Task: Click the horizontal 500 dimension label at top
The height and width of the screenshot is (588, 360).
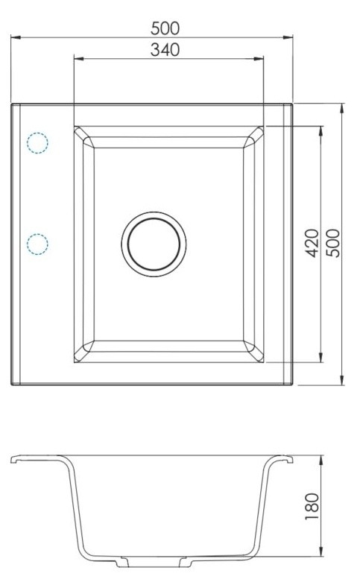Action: (x=165, y=28)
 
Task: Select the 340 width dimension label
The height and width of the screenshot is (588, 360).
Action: (x=165, y=49)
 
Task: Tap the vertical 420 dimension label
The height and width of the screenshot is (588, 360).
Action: (x=312, y=243)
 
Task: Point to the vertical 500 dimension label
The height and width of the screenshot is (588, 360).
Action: (x=332, y=243)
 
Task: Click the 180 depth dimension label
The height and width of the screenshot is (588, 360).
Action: (x=312, y=506)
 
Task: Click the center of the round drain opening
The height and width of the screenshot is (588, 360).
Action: (x=154, y=244)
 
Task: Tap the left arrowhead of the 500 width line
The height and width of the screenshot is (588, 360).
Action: (x=16, y=37)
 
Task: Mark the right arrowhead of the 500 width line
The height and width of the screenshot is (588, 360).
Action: (x=288, y=37)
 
